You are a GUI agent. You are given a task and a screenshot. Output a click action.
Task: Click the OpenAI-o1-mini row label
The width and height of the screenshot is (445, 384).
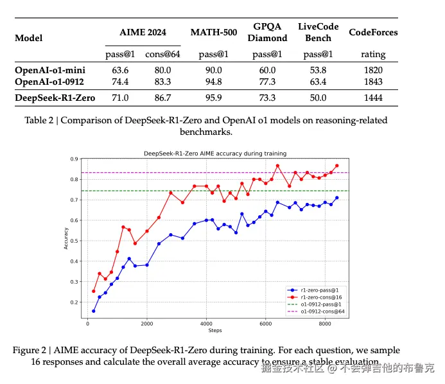(x=50, y=70)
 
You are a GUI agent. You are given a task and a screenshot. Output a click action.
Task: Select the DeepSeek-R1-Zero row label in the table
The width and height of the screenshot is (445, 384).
(x=55, y=98)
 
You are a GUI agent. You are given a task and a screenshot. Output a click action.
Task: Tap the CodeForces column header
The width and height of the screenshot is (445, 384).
(x=372, y=32)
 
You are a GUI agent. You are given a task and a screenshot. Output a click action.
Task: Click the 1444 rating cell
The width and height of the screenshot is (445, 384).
(x=372, y=98)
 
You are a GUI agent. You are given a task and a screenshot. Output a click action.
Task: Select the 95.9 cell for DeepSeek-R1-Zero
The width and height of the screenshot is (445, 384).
(x=214, y=98)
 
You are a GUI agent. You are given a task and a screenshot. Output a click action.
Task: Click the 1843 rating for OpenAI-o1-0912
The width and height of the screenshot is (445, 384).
(x=372, y=82)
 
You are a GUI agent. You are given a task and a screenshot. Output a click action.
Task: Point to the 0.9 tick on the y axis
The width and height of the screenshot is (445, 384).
(x=74, y=159)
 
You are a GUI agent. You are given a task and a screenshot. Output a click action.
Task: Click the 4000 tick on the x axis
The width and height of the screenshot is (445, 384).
(x=206, y=324)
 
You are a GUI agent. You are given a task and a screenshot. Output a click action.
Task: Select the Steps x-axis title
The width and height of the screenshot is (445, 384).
(x=214, y=331)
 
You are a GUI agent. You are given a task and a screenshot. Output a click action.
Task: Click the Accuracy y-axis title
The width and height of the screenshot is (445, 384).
(x=65, y=238)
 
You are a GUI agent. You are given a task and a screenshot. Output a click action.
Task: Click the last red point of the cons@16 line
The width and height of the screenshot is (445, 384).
(x=336, y=166)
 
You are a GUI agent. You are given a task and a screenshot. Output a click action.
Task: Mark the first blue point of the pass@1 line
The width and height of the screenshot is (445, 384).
(x=94, y=311)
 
